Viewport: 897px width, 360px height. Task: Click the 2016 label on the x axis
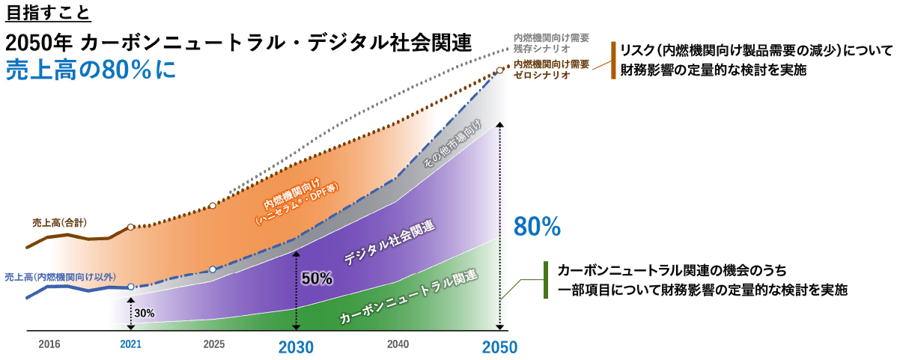point(49,344)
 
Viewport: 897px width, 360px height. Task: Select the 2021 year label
point(130,344)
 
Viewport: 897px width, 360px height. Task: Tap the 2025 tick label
point(213,344)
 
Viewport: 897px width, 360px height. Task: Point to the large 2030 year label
point(296,347)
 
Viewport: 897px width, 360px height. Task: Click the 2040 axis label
point(398,344)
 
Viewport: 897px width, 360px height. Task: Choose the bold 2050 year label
point(499,347)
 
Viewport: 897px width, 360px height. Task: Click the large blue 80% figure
point(538,227)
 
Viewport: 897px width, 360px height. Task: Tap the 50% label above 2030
point(317,278)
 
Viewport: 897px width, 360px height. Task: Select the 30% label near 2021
point(145,313)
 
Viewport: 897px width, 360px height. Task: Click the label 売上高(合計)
point(60,222)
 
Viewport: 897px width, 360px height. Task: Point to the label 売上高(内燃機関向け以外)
point(60,276)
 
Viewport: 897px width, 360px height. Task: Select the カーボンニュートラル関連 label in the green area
point(408,296)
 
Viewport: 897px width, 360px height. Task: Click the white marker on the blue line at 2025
point(213,269)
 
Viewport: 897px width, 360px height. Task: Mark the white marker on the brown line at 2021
point(130,227)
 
